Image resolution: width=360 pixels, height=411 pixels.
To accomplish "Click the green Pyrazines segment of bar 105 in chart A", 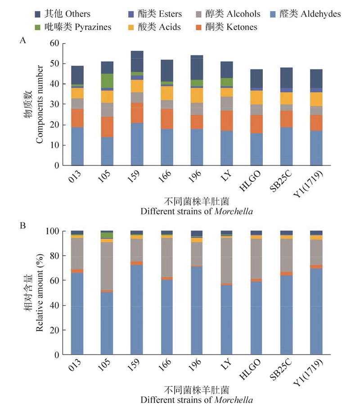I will (107, 81).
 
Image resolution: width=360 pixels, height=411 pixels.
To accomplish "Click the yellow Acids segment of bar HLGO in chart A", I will (256, 97).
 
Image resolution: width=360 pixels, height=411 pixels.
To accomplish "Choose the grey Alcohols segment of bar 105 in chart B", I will (107, 266).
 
